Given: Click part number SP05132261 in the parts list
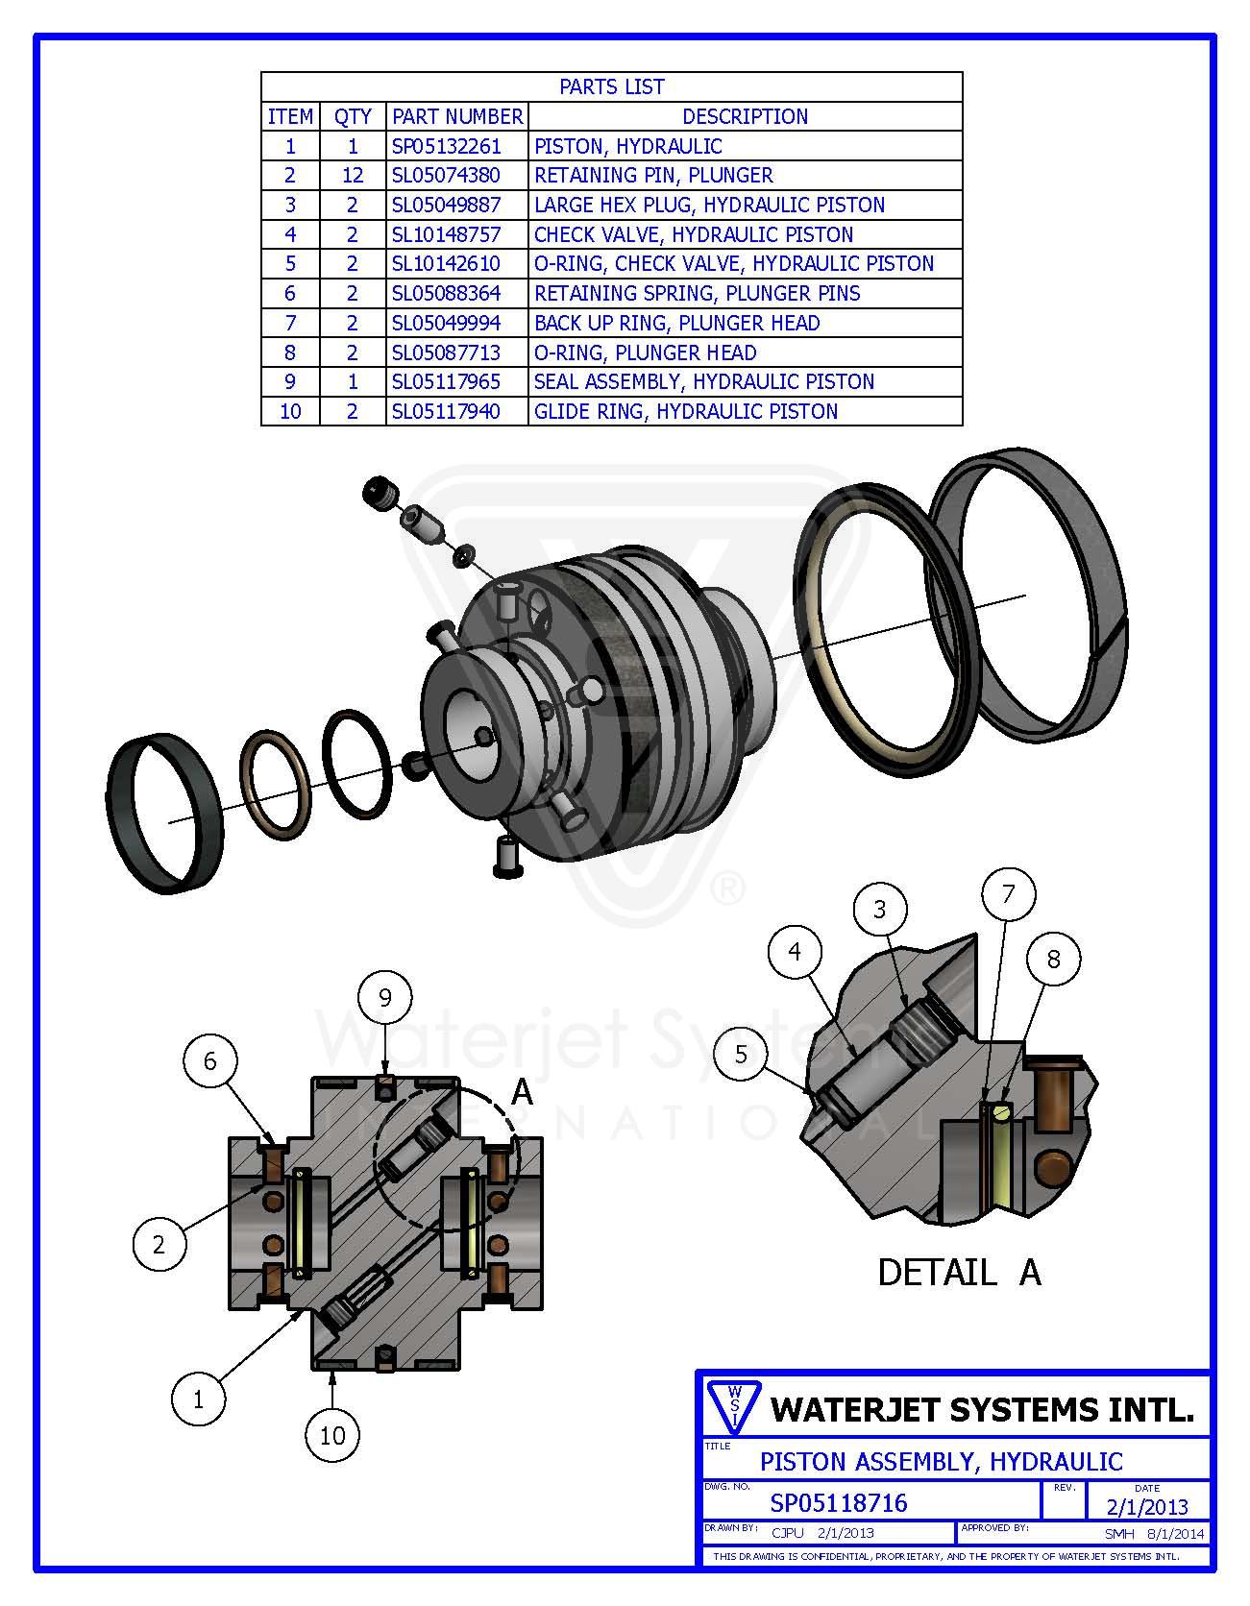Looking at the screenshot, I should (x=446, y=146).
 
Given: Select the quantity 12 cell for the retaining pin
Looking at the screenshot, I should (x=352, y=175).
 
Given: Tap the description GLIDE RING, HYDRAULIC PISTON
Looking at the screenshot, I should (x=686, y=411).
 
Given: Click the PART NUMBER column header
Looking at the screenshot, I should (x=457, y=116).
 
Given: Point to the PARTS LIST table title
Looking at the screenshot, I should (x=611, y=86).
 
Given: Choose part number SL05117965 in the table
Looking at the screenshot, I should (x=446, y=381).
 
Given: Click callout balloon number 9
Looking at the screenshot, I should (x=385, y=997).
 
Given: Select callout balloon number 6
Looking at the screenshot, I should (x=209, y=1061).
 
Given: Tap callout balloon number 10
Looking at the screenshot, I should (x=331, y=1435).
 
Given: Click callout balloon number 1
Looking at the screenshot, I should (x=198, y=1399).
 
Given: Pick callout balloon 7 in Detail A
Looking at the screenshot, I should (x=1008, y=893).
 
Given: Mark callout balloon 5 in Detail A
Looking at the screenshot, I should (x=740, y=1054).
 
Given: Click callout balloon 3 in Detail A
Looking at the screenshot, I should (x=879, y=909).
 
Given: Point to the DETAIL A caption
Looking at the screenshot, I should (x=958, y=1272).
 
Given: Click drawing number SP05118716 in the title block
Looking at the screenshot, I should (x=838, y=1502).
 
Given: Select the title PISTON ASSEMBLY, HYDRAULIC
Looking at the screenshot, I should (x=941, y=1461).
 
